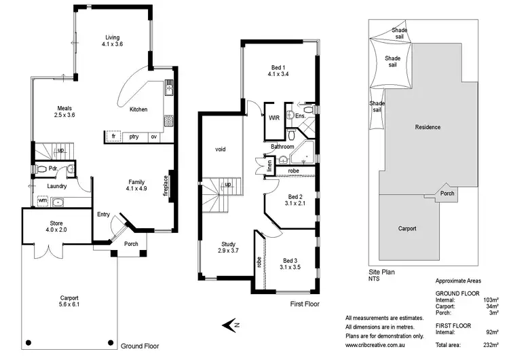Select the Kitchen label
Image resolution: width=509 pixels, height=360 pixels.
click(x=138, y=109)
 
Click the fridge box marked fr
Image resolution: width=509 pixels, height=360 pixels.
click(x=113, y=137)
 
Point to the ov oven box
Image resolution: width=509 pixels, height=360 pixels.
click(x=154, y=137)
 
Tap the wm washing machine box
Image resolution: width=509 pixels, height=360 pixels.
click(x=42, y=201)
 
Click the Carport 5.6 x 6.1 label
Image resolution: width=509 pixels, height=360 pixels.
click(x=69, y=302)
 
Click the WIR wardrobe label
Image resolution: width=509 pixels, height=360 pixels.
click(x=274, y=118)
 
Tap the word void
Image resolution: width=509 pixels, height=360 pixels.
click(x=220, y=149)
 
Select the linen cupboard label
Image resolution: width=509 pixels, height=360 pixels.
click(x=269, y=166)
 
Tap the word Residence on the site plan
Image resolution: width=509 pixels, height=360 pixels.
click(x=428, y=127)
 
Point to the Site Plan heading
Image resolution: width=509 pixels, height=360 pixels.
click(x=382, y=272)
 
